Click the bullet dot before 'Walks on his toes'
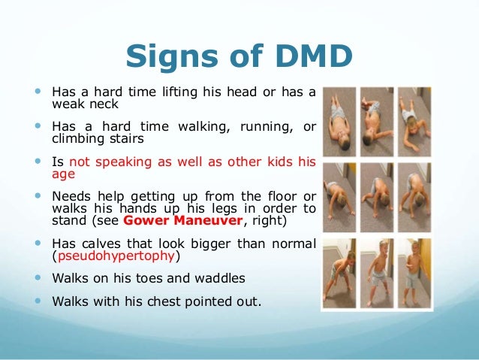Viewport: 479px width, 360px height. (x=38, y=277)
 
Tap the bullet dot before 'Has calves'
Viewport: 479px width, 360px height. (x=38, y=244)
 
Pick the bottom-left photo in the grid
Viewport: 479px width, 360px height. (x=339, y=272)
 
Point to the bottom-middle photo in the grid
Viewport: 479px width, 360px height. (x=378, y=272)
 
